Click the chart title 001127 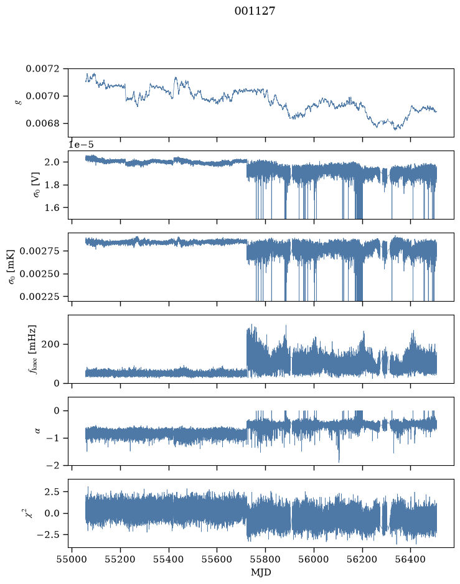(255, 11)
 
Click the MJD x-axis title (261, 572)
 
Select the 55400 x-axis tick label (169, 559)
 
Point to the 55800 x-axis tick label (265, 559)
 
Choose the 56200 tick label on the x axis (362, 559)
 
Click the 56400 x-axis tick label (410, 559)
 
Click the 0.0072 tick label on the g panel (42, 68)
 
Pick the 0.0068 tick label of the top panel (42, 123)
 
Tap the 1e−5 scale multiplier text (82, 144)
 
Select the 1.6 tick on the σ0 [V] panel (52, 208)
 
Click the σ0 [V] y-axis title (37, 184)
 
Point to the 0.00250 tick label (39, 274)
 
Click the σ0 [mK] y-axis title (12, 267)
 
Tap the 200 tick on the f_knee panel (50, 344)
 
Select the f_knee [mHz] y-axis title (32, 349)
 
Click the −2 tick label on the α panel (53, 465)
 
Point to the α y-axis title (37, 431)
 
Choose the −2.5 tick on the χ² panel (48, 534)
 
